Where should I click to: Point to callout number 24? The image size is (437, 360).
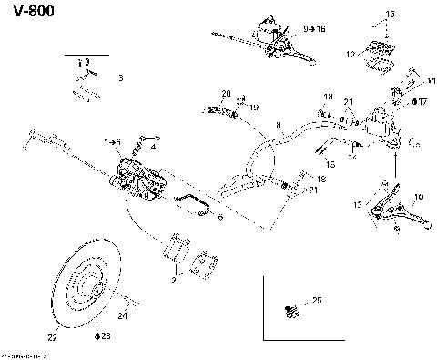(123, 316)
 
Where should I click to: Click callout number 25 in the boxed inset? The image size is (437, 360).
(317, 300)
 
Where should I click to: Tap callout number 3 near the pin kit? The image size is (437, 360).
(121, 79)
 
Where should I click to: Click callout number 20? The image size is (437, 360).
(226, 94)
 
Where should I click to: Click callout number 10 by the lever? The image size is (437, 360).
(419, 196)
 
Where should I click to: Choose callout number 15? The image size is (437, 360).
(330, 164)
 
